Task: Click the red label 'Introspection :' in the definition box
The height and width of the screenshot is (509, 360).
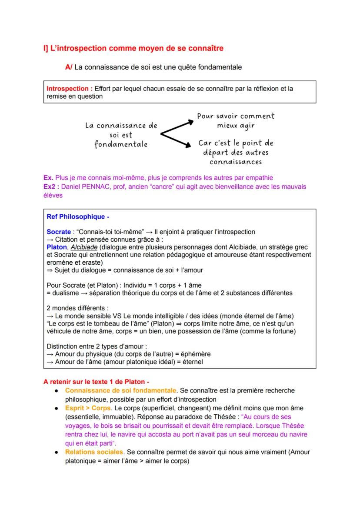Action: pos(69,89)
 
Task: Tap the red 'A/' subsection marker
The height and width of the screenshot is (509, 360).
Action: pos(69,67)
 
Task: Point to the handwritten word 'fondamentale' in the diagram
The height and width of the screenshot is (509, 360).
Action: pos(121,144)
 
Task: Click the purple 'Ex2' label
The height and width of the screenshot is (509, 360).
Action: pos(52,186)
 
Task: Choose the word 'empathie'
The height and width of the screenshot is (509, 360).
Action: pos(260,178)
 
